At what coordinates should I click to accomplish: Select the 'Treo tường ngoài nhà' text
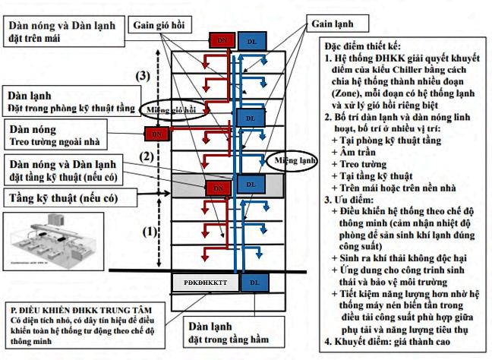click(53, 141)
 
